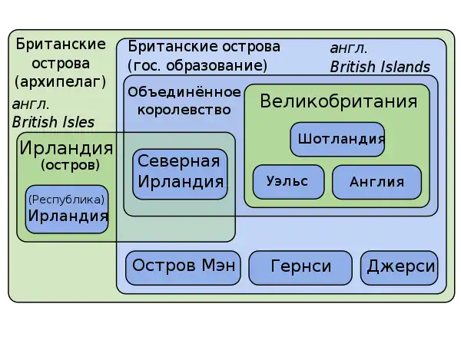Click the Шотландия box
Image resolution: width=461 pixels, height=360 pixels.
click(337, 139)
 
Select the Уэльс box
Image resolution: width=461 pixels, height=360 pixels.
click(288, 182)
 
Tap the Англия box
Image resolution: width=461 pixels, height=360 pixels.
click(376, 182)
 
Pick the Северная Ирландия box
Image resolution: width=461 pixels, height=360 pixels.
click(180, 174)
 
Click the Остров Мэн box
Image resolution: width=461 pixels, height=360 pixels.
click(183, 267)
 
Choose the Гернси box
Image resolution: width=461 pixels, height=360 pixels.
click(300, 267)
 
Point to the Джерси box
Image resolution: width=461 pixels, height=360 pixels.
click(399, 267)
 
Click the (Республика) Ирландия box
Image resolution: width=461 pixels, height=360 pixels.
click(67, 209)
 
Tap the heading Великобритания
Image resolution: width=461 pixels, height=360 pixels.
click(338, 101)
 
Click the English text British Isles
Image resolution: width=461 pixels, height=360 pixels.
click(53, 122)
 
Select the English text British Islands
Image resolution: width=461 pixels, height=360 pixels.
click(380, 67)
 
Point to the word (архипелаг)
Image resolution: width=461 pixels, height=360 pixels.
click(60, 81)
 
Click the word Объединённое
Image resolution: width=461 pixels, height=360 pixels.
click(184, 92)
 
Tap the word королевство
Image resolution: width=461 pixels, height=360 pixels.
click(184, 110)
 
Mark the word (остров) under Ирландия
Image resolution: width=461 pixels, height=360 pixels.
click(70, 165)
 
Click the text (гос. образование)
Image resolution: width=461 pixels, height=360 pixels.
click(197, 65)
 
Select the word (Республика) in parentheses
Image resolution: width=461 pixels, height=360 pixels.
click(66, 200)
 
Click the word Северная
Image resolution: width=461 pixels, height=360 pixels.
click(179, 161)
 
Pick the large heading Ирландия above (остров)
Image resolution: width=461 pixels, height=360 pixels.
click(66, 148)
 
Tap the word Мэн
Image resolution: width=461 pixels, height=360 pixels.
click(218, 266)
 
